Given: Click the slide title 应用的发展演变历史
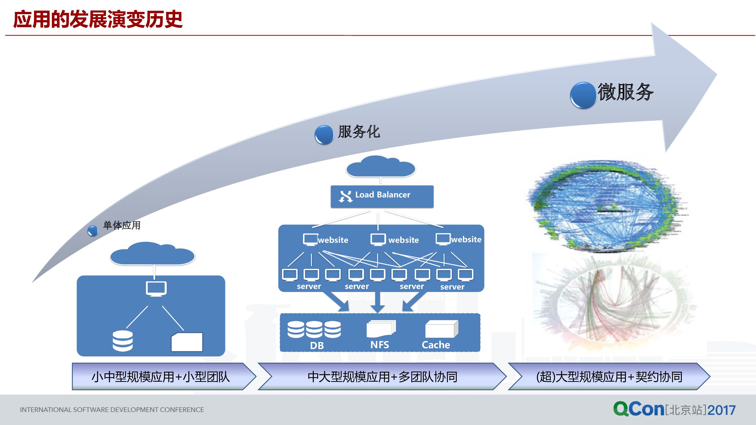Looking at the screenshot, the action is pos(98,20).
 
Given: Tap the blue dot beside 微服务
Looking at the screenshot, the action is pos(583,95).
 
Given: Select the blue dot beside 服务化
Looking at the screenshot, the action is pos(324,135).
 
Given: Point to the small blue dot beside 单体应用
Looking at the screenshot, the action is pos(93,231).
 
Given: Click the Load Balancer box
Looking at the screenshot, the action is pos(382,197).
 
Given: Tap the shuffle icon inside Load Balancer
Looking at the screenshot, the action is pos(346,196).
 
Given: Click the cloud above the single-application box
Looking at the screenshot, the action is pos(152,254).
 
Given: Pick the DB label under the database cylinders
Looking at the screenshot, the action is pos(317,345).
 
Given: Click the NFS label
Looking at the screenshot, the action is pos(380,345).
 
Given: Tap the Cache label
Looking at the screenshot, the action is pos(436,345).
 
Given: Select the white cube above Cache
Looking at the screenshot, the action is pos(441,329).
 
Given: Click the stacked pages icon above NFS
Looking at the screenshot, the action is pos(381,328).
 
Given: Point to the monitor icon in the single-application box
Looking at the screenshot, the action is pos(156,289).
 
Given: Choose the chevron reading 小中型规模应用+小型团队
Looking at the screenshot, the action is pos(161,377).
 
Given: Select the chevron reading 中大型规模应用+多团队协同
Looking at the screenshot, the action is pos(382,377).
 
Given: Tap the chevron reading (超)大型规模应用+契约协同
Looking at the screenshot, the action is pos(609,377).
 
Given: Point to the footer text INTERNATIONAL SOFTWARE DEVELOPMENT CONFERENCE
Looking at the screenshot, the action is pos(112,410).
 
